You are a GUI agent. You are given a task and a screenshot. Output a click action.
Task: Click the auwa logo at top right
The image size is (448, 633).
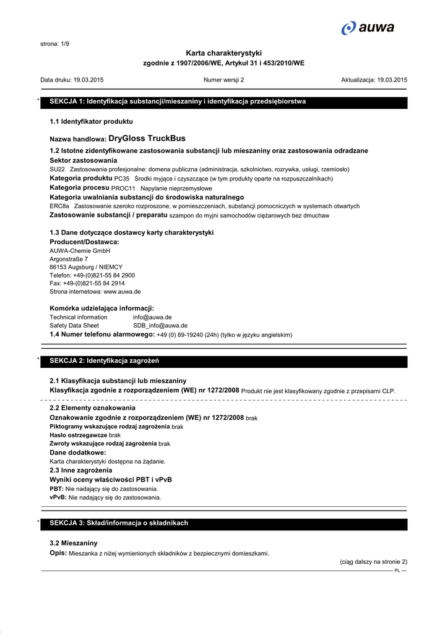(368, 28)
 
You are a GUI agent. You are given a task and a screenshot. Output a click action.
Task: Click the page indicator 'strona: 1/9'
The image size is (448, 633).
(54, 44)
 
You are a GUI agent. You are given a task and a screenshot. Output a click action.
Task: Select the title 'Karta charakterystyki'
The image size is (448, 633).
(223, 54)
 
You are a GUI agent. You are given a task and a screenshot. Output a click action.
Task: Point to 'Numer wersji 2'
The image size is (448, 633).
(223, 80)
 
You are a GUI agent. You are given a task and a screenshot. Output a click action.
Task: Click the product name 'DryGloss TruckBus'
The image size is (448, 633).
(147, 138)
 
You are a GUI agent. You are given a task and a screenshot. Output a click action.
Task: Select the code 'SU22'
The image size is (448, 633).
(57, 169)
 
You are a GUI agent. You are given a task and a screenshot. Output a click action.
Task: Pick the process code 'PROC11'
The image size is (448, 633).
(123, 188)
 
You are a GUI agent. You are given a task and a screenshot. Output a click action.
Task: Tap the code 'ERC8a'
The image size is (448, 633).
(59, 206)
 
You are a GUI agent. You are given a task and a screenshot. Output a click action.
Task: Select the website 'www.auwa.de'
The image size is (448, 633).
(122, 291)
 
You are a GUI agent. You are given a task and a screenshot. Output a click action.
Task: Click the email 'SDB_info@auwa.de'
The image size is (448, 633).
(160, 325)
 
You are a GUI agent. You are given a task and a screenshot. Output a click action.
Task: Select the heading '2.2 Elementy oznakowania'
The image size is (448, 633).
(92, 408)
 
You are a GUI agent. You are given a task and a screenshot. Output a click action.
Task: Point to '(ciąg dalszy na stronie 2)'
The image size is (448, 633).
(373, 562)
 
